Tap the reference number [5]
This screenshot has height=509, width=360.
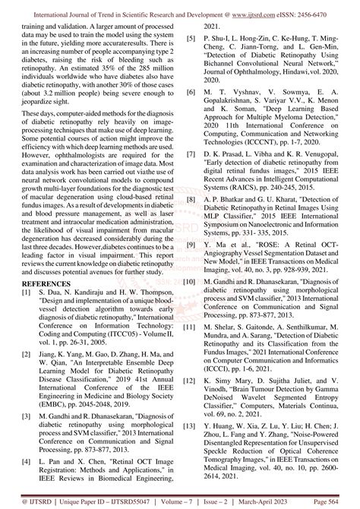coord(190,36)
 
